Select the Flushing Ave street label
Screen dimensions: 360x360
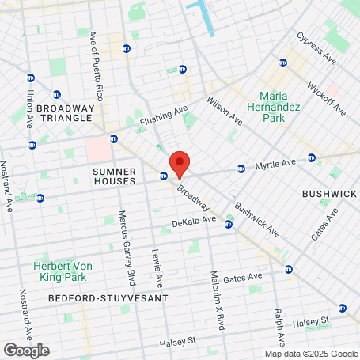coord(163,116)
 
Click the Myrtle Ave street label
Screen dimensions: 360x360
coord(275,164)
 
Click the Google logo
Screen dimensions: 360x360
coord(26,350)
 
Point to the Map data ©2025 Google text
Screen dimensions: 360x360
coord(311,354)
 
